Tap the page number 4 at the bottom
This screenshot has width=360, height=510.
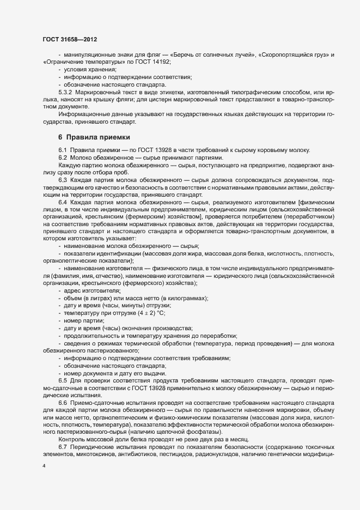coord(44,466)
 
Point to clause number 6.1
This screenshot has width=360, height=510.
coord(62,150)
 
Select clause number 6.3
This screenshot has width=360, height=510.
coord(62,179)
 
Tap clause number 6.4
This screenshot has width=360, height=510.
coord(62,202)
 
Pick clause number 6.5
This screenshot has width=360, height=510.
coord(62,379)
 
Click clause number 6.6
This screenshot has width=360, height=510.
coord(62,402)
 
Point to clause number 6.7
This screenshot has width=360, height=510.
coord(62,446)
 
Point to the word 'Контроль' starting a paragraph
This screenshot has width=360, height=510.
coord(71,439)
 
